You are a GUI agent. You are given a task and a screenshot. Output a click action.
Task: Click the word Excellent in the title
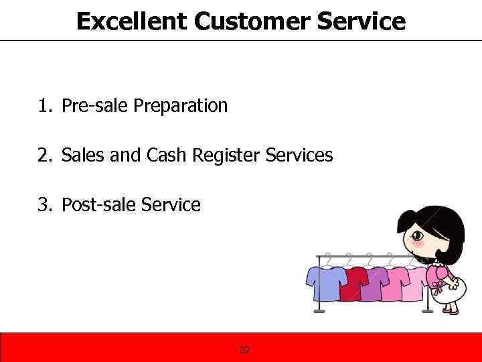(131, 21)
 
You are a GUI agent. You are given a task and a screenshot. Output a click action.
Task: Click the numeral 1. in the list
(46, 106)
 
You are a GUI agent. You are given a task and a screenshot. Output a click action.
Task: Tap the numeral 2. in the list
(46, 156)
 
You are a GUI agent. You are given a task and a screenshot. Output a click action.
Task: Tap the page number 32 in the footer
(245, 350)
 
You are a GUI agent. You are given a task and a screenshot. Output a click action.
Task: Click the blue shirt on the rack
(326, 282)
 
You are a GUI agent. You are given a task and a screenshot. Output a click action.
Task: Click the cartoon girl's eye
(418, 236)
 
